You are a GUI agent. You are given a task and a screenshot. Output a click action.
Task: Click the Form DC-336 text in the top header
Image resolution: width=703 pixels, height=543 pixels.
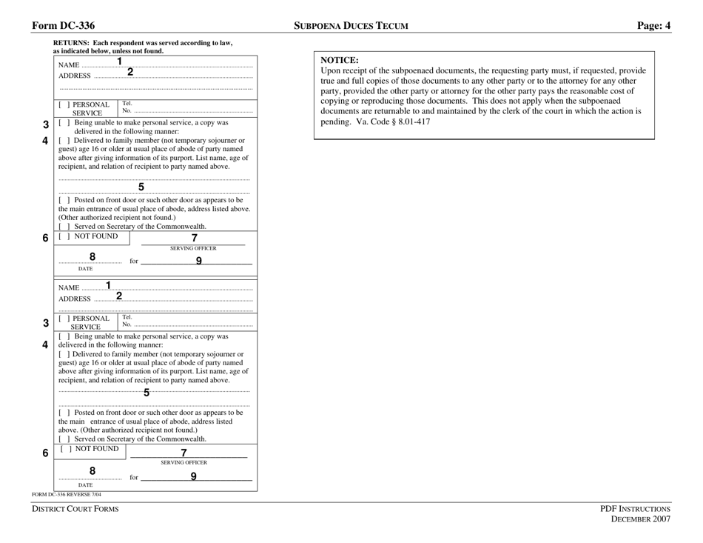click(63, 26)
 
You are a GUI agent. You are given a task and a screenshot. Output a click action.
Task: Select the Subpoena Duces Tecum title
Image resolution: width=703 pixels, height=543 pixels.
click(351, 26)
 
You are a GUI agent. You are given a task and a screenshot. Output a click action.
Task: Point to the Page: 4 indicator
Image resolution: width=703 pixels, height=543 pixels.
click(653, 26)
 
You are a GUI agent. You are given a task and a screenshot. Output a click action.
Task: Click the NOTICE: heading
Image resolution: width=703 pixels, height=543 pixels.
click(340, 59)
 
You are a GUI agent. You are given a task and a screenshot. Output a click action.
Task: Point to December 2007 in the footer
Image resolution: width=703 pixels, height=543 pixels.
click(640, 520)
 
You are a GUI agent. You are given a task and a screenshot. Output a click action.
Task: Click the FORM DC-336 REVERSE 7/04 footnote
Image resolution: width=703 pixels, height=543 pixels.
click(67, 494)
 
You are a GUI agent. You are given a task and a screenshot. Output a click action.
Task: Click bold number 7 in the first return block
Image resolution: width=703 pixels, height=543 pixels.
click(195, 238)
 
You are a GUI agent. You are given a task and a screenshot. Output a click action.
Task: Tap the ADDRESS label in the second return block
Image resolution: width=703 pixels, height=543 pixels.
click(75, 299)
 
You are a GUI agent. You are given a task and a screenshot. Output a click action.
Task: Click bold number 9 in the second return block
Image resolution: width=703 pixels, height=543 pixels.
click(193, 476)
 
